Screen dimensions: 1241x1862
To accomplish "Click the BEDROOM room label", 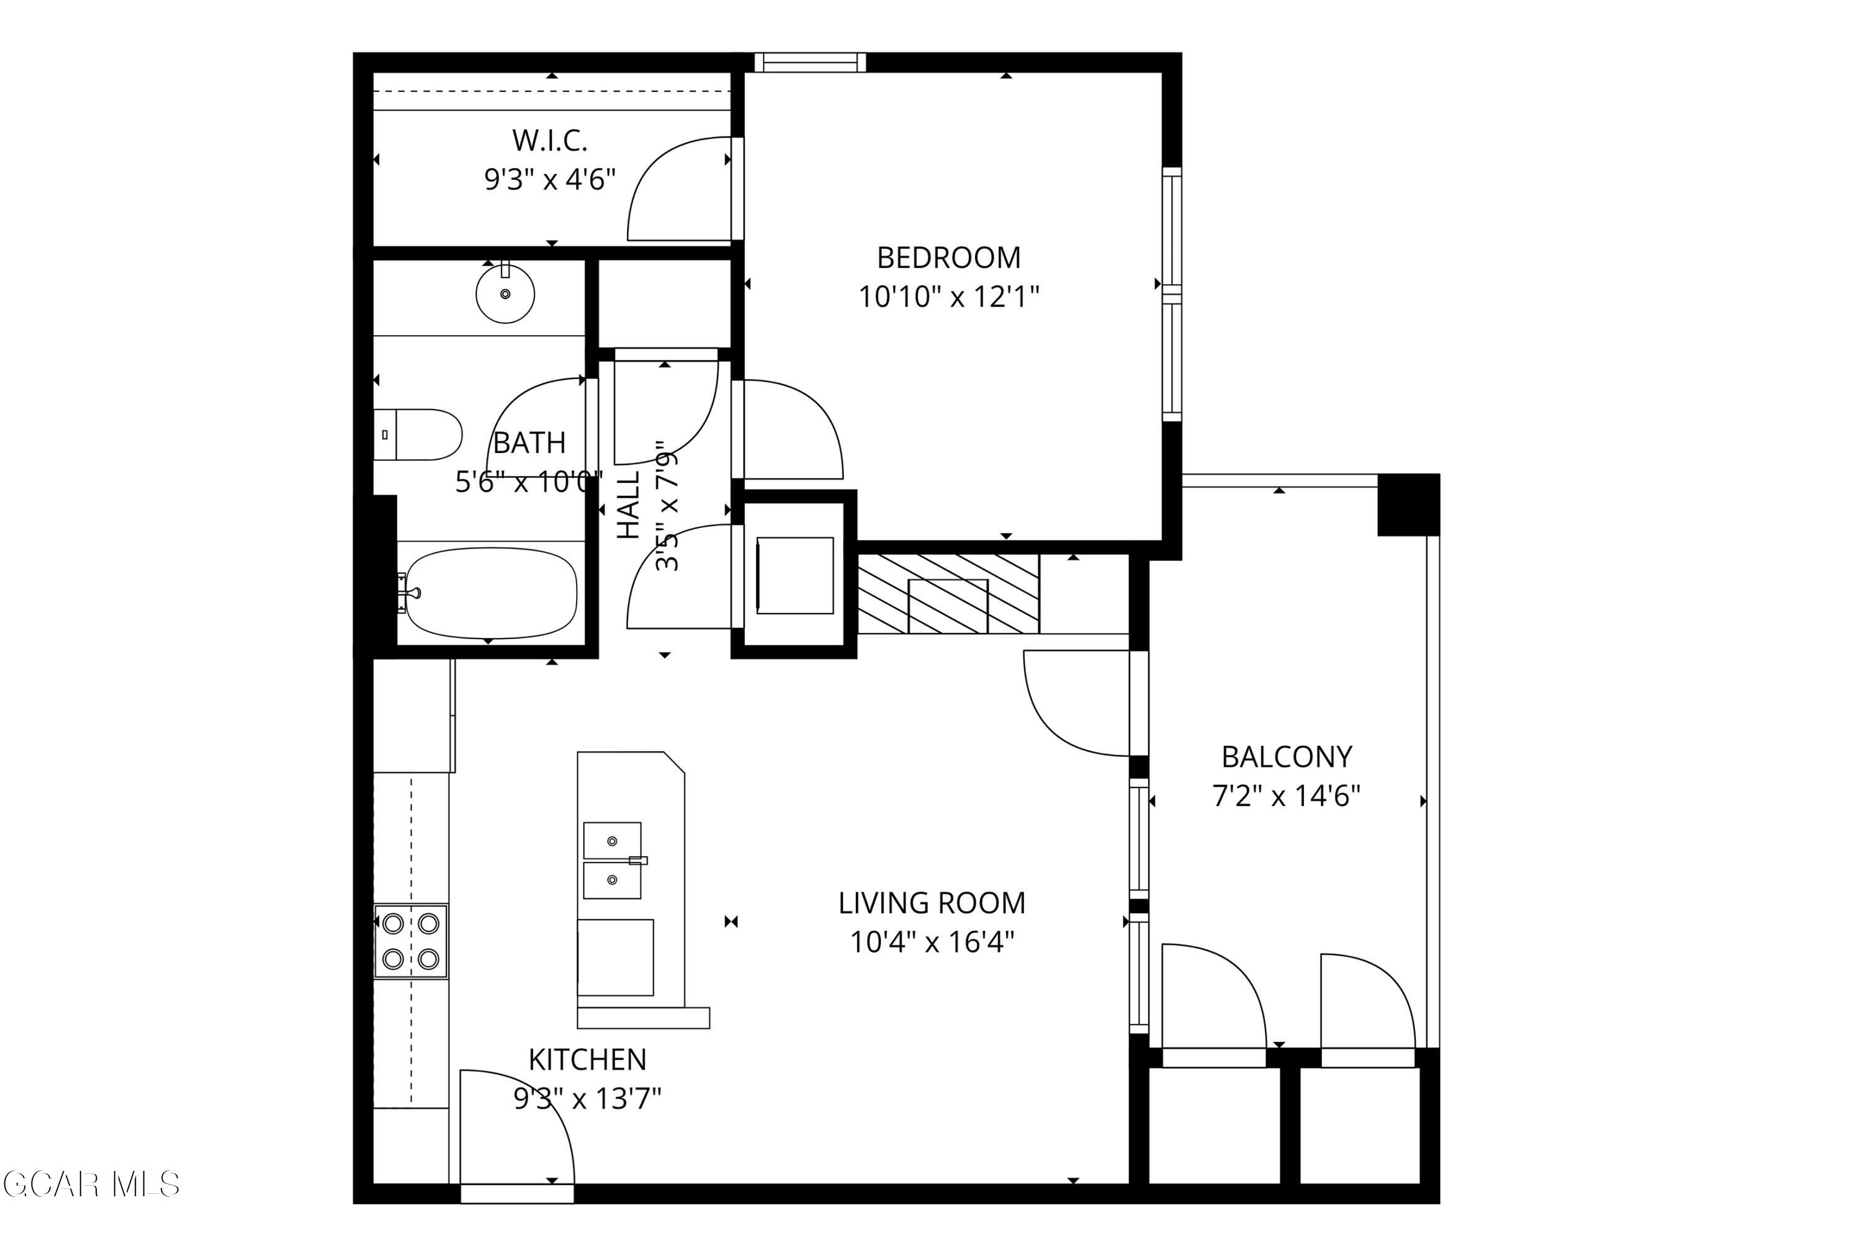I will tap(948, 258).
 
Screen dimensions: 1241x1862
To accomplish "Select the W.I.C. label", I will tap(549, 141).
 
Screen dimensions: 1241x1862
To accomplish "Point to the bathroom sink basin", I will tap(505, 294).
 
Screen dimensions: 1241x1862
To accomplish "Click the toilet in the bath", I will tap(420, 434).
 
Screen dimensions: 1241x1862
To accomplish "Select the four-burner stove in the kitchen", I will tap(411, 942).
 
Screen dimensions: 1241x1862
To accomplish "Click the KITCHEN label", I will tap(587, 1059).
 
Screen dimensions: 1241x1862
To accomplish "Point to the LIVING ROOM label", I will tap(932, 903).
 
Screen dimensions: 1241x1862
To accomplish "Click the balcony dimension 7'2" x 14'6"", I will tap(1287, 796).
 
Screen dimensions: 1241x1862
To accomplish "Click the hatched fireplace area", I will tap(948, 594).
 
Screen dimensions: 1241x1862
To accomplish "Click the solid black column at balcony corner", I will tap(1408, 505).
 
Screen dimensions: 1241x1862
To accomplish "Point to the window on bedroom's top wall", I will tap(810, 63).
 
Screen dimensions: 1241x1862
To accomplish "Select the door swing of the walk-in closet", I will tap(675, 190).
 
